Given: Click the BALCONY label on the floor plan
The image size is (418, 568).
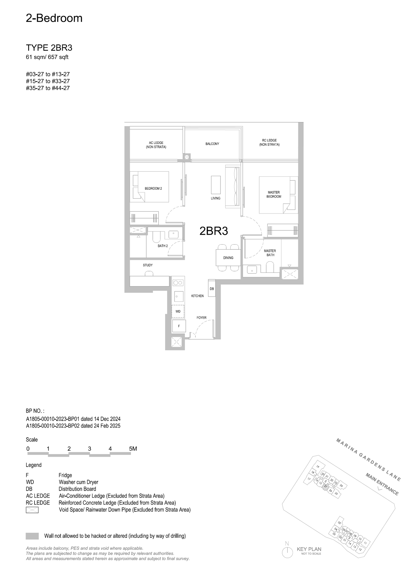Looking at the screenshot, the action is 212,144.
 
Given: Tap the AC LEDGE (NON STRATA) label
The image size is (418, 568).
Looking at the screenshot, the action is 156,145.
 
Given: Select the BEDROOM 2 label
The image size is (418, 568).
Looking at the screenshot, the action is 153,188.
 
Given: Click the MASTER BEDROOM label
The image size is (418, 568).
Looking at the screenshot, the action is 274,194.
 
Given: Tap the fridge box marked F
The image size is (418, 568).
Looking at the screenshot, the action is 179,326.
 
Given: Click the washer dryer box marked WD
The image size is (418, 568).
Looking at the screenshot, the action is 178,311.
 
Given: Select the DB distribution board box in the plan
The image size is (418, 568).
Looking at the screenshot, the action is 212,288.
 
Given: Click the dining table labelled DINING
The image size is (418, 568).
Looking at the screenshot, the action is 228,258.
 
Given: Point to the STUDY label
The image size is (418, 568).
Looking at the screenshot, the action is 148,265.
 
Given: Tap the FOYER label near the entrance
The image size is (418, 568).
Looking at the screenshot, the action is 201,318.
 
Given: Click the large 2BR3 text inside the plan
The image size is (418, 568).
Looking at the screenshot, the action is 214,231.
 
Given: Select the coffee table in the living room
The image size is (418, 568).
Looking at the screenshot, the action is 216,185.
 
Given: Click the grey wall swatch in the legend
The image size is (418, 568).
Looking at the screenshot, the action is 32,536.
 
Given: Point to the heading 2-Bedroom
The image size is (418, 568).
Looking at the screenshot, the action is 54,18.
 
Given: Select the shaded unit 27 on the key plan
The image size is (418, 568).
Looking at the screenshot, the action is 326,486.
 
